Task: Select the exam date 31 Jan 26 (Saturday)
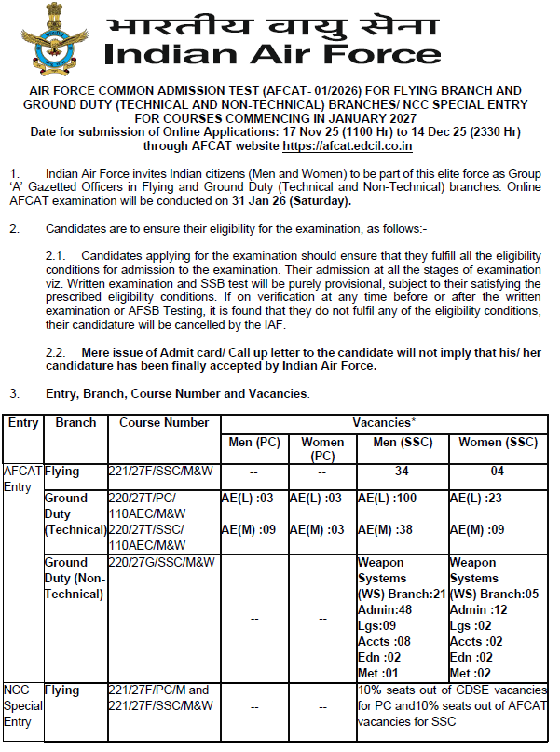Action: tap(295, 201)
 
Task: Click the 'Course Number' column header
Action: tap(164, 422)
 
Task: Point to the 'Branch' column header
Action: tap(75, 422)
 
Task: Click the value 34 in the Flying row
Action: tap(402, 472)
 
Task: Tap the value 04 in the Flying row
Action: tap(498, 472)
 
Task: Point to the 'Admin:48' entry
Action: tap(385, 609)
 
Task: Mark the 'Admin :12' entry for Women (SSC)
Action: tap(477, 609)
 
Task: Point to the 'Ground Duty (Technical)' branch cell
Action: tap(75, 514)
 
